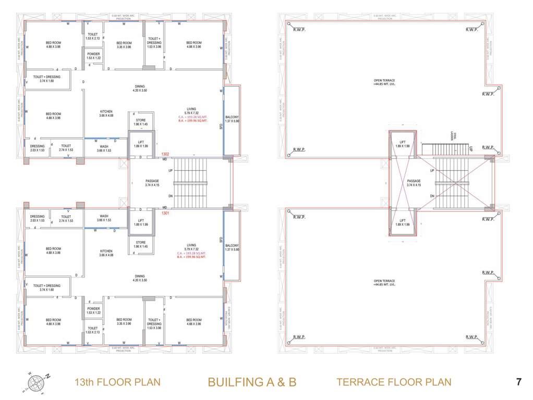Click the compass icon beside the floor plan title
(x=37, y=382)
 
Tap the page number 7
(x=518, y=382)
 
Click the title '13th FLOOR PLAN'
(x=117, y=382)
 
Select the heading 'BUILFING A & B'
(x=252, y=382)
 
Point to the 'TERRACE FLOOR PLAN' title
(x=394, y=382)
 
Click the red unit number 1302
(x=165, y=154)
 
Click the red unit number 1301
(x=165, y=213)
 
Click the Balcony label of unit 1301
(x=232, y=247)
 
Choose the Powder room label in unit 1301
(x=93, y=310)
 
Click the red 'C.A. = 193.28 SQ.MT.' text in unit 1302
(x=192, y=117)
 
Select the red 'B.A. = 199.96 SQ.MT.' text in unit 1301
(x=192, y=257)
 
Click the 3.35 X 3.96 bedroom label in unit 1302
(x=124, y=45)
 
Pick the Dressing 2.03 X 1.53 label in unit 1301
(x=37, y=218)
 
